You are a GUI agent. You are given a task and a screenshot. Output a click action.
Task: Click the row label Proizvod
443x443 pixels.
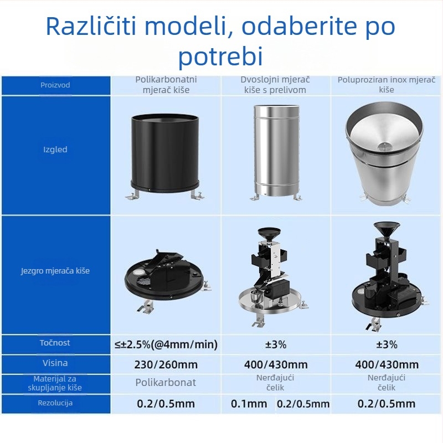pyautogui.click(x=55, y=85)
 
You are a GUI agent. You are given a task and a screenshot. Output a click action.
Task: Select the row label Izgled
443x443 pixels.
pyautogui.click(x=55, y=150)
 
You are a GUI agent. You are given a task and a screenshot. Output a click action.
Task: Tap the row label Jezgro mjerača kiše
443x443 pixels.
pyautogui.click(x=55, y=271)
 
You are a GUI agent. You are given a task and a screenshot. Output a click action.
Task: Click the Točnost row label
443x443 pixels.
pyautogui.click(x=55, y=343)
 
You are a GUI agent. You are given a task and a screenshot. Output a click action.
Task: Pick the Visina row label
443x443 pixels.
pyautogui.click(x=55, y=363)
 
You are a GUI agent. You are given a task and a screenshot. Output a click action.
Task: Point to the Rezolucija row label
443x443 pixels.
pyautogui.click(x=55, y=403)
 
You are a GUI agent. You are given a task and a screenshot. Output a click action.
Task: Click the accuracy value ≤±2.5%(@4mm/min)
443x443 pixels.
pyautogui.click(x=166, y=344)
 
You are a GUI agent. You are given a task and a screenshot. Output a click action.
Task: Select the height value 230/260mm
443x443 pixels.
pyautogui.click(x=166, y=364)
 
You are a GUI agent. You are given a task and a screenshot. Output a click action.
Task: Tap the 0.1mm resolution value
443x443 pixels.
pyautogui.click(x=249, y=404)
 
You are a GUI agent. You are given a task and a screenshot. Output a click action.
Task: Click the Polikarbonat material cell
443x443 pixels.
pyautogui.click(x=166, y=383)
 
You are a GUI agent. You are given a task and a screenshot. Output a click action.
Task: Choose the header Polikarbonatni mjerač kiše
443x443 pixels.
pyautogui.click(x=166, y=85)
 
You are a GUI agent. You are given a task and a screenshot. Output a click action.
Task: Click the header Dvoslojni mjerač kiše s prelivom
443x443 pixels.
pyautogui.click(x=275, y=85)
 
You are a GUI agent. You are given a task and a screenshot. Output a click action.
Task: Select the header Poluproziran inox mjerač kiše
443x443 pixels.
pyautogui.click(x=387, y=85)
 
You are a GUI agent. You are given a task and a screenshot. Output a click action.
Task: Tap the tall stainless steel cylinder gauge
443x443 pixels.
pyautogui.click(x=275, y=150)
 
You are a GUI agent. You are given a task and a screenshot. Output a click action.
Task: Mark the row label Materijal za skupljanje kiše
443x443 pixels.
pyautogui.click(x=55, y=383)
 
